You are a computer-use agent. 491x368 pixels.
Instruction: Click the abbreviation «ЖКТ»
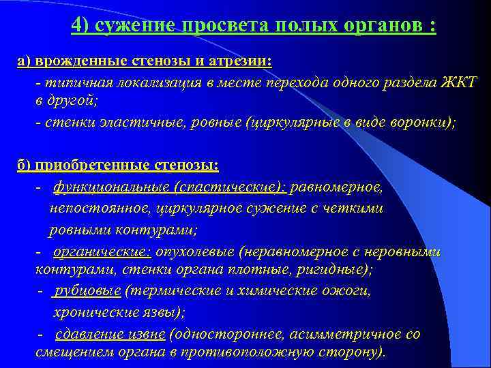pos(461,82)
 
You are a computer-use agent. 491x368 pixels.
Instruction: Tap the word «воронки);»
pos(423,123)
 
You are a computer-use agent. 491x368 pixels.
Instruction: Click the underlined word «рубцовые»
pos(88,291)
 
